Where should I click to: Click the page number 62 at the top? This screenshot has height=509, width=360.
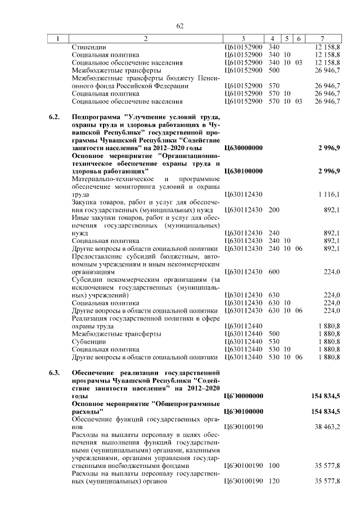[x=180, y=26]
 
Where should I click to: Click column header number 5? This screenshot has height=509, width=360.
[x=287, y=39]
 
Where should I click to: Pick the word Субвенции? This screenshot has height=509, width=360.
[x=89, y=341]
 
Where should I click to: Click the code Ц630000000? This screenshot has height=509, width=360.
[x=243, y=147]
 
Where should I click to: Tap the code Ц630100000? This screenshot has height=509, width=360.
[x=243, y=170]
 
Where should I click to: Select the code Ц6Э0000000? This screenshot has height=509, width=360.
[x=243, y=397]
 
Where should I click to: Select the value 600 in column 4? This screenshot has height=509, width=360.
[x=274, y=272]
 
